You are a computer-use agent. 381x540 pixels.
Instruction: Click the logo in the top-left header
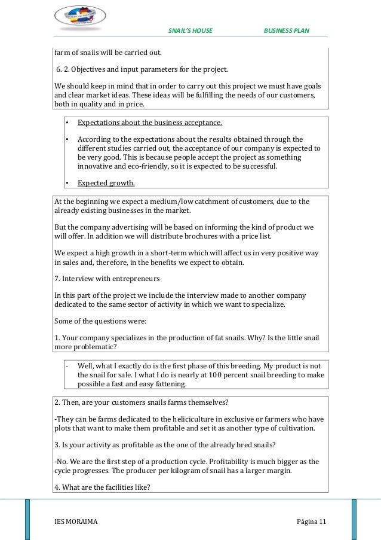click(x=80, y=17)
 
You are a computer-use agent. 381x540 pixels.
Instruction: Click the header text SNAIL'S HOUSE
click(x=190, y=30)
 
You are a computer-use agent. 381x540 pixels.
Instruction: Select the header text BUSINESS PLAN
click(x=286, y=30)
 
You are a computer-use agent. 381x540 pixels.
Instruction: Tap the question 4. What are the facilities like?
click(x=102, y=487)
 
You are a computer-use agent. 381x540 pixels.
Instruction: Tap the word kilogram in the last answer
click(x=192, y=471)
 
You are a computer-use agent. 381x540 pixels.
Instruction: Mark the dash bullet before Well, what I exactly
click(x=67, y=365)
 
